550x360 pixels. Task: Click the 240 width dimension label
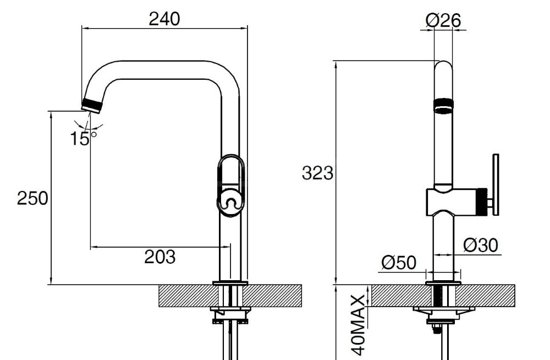164,19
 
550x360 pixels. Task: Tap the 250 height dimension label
32,198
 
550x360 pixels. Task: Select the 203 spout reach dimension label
159,257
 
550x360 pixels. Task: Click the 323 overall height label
317,173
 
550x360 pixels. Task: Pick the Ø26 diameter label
443,20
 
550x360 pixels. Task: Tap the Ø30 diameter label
481,245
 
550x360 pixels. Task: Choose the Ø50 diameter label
399,262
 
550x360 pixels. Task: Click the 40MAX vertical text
358,325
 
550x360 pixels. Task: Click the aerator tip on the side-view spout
92,106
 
